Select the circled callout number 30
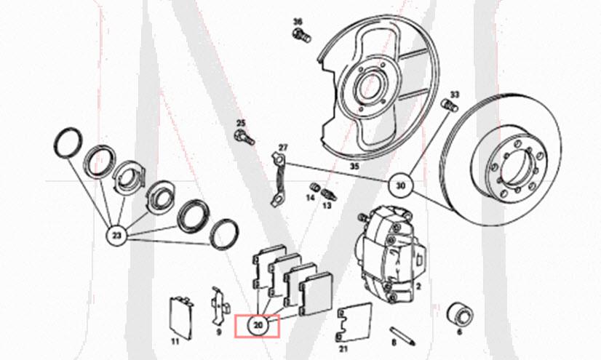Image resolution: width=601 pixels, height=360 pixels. pyautogui.click(x=401, y=185)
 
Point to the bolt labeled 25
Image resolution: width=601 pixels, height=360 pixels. pyautogui.click(x=243, y=135)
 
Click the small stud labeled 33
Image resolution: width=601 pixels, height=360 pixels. pyautogui.click(x=448, y=108)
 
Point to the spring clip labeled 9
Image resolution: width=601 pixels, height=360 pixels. pyautogui.click(x=218, y=306)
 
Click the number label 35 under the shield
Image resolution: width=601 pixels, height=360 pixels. pyautogui.click(x=354, y=167)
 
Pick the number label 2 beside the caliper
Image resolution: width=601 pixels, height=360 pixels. pyautogui.click(x=418, y=287)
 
